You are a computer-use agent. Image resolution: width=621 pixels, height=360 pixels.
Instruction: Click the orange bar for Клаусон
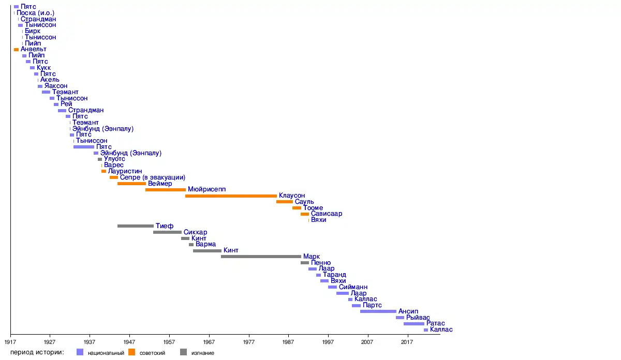pyautogui.click(x=231, y=196)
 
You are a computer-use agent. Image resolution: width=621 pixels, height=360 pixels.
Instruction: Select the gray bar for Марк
pyautogui.click(x=261, y=257)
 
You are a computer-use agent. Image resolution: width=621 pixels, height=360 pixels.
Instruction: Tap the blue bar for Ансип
pyautogui.click(x=378, y=311)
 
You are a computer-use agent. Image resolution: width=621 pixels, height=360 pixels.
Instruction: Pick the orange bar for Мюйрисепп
pyautogui.click(x=166, y=190)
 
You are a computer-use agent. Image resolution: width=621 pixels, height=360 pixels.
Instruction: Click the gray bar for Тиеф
pyautogui.click(x=136, y=226)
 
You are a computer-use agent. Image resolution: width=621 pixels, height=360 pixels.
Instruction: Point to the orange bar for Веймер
pyautogui.click(x=131, y=184)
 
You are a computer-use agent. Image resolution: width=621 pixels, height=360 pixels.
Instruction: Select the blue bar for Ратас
pyautogui.click(x=414, y=324)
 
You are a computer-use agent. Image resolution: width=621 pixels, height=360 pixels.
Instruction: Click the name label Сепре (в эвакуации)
pyautogui.click(x=153, y=177)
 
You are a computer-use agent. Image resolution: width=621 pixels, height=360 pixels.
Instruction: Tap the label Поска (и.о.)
pyautogui.click(x=36, y=12)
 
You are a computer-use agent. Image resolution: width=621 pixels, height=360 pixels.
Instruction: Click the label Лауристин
pyautogui.click(x=125, y=171)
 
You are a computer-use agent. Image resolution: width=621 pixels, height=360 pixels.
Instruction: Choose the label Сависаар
pyautogui.click(x=327, y=214)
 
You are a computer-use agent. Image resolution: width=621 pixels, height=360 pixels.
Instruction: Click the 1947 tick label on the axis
pyautogui.click(x=129, y=342)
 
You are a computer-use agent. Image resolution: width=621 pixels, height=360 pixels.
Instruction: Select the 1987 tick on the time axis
pyautogui.click(x=288, y=342)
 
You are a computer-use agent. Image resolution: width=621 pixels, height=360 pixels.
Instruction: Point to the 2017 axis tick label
pyautogui.click(x=407, y=342)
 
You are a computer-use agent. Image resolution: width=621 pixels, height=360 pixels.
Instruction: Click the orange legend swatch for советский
pyautogui.click(x=131, y=352)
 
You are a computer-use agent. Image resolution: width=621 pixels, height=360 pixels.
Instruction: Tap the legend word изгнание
pyautogui.click(x=203, y=353)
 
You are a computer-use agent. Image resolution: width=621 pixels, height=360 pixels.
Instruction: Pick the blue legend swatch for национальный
pyautogui.click(x=80, y=352)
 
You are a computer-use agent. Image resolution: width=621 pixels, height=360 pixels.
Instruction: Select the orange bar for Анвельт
pyautogui.click(x=16, y=50)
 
